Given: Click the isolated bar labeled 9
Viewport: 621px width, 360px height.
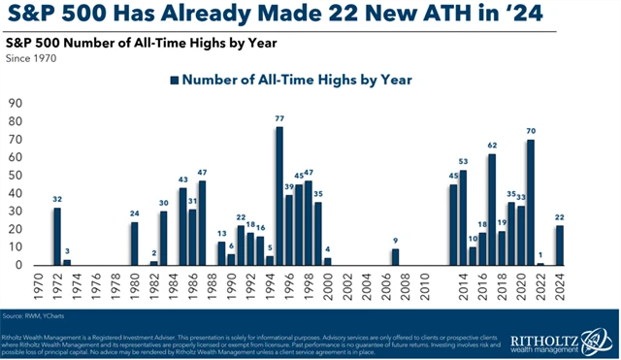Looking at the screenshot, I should tap(395, 257).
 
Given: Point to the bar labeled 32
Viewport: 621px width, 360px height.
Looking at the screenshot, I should tap(57, 237).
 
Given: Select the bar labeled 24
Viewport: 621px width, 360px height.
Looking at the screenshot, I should tap(134, 244).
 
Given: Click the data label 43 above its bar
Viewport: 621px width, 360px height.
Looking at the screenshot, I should tap(182, 179).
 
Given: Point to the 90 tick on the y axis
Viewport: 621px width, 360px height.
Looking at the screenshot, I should tap(15, 102).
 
